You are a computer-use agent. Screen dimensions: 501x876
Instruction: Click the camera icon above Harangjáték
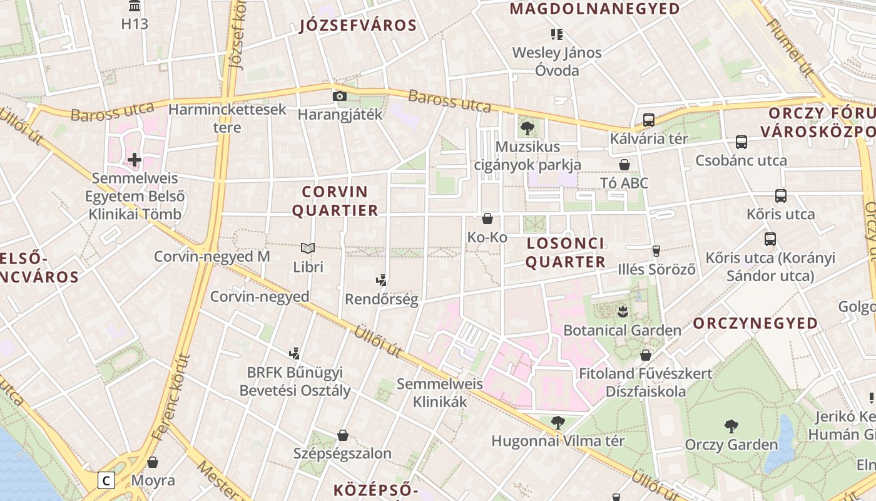tap(339, 96)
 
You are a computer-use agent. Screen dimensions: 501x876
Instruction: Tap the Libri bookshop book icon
tap(307, 248)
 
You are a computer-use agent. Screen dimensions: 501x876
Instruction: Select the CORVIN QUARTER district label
tap(335, 201)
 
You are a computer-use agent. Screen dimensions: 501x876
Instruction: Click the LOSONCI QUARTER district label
tap(566, 252)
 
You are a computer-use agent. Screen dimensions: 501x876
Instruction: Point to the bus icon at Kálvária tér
tap(649, 120)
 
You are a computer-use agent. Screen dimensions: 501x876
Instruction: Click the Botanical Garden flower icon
tap(622, 311)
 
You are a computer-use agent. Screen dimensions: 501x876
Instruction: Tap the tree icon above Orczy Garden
tap(731, 426)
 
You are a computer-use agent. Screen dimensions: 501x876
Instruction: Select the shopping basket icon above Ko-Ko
tap(487, 219)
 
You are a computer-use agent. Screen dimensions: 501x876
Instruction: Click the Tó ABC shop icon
tap(624, 165)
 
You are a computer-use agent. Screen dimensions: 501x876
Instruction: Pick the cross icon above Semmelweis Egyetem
tap(135, 160)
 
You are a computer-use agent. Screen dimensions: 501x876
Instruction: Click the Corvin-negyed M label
tap(212, 256)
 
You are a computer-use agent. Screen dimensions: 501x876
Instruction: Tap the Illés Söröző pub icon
tap(656, 251)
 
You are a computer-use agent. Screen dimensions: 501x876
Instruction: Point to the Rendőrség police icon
tap(381, 280)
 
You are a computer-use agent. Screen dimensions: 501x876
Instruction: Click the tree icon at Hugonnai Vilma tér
tap(558, 423)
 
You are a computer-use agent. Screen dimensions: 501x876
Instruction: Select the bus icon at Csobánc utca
tap(741, 142)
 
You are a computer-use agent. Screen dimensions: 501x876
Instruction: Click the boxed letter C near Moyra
tap(107, 481)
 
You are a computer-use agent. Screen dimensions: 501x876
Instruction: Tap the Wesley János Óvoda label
tap(557, 61)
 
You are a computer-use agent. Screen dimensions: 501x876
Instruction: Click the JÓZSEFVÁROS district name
tap(358, 26)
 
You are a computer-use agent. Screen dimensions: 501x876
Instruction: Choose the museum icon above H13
tap(135, 6)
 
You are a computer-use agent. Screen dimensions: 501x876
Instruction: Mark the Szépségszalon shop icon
tap(343, 435)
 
